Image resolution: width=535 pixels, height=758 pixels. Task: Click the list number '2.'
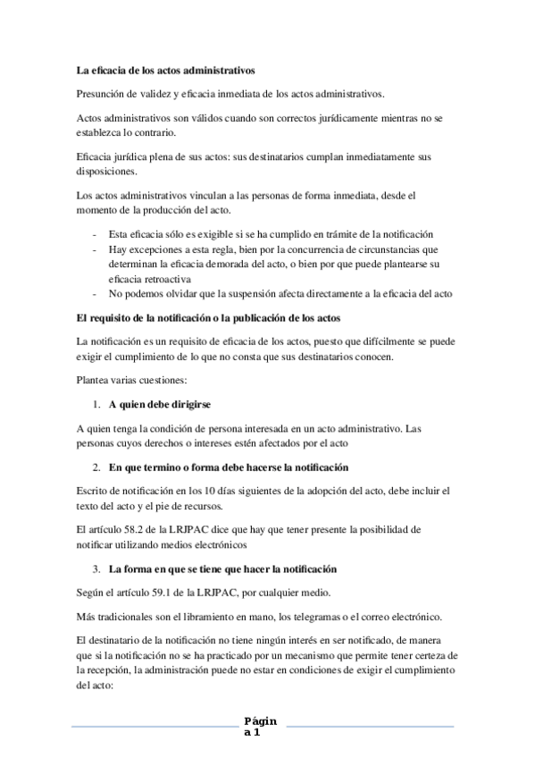pyautogui.click(x=96, y=467)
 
